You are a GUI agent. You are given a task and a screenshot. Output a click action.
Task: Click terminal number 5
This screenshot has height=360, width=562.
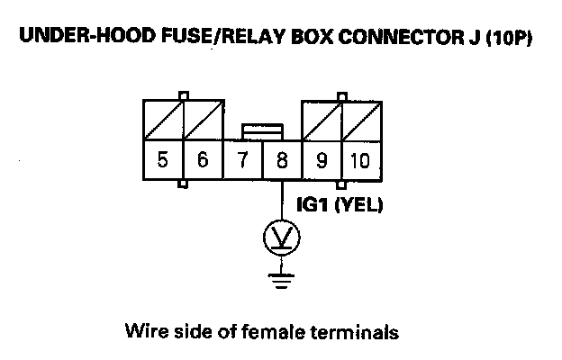[163, 161]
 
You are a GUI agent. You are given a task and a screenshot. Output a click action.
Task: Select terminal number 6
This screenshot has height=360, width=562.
[203, 161]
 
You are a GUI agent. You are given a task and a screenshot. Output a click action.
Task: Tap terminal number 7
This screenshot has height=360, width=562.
[242, 161]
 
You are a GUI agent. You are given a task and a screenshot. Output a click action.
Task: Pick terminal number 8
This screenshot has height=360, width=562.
[281, 161]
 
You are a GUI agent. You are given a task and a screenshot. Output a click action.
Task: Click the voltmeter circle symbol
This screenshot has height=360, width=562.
[281, 238]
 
